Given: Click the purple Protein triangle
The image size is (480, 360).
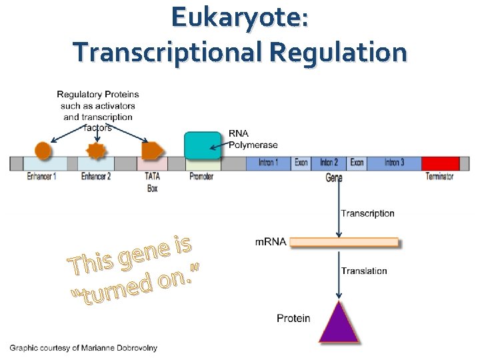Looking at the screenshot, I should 339,325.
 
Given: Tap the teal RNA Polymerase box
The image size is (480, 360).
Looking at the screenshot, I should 202,146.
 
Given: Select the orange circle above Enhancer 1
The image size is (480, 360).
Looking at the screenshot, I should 43,151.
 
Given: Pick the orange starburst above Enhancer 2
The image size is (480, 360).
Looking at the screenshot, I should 97,151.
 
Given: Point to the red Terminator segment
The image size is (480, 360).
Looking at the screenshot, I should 440,163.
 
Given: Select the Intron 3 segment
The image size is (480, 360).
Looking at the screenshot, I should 393,163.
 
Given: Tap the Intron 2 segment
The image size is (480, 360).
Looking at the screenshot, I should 329,163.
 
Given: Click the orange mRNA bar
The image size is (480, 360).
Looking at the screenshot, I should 344,242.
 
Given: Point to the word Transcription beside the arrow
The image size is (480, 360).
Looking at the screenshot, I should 367,213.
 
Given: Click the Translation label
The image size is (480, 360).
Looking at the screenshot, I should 364,271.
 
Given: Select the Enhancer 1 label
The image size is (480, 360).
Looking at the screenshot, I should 41,177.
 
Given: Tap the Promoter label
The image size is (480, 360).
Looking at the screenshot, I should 201,177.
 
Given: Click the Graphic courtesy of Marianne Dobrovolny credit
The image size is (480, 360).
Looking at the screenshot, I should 83,348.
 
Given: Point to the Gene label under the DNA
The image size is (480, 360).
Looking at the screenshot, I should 335,178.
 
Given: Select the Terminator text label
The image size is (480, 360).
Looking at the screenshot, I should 439,177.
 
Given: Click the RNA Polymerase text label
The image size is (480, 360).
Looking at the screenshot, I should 253,139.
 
